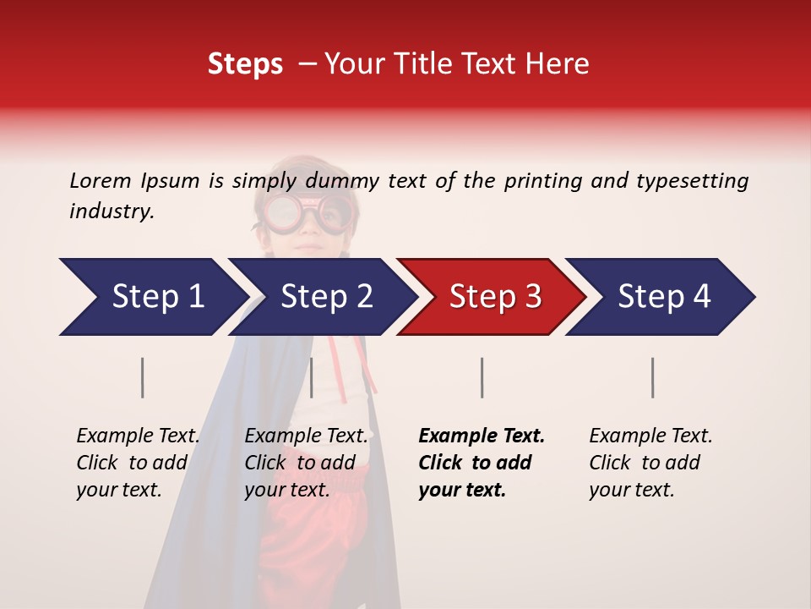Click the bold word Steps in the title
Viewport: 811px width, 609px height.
tap(245, 64)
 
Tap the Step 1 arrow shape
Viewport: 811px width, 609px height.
tap(152, 296)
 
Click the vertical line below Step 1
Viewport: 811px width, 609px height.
tap(143, 377)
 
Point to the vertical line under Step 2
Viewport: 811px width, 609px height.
tap(312, 377)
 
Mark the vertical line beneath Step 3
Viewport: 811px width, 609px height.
tap(482, 377)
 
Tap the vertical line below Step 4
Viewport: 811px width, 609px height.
tap(653, 377)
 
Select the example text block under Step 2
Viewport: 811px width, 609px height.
tap(305, 463)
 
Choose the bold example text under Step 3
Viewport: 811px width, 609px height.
tap(481, 463)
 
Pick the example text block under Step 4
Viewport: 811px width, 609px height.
tap(650, 463)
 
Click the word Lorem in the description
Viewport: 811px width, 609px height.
tap(100, 180)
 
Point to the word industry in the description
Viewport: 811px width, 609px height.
tap(111, 211)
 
